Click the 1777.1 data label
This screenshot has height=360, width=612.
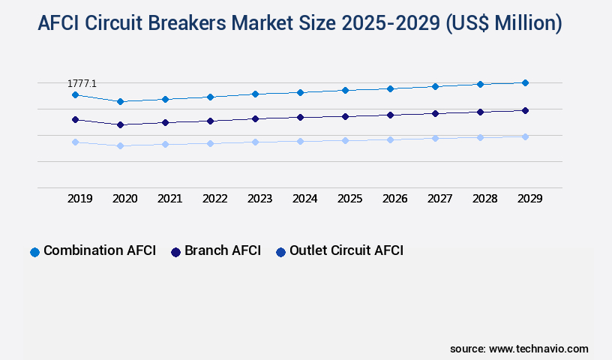[x=82, y=84]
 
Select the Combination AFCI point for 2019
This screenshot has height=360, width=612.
[x=75, y=95]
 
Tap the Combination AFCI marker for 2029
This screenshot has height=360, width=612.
[x=525, y=82]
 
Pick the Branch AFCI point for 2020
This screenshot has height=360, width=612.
[x=120, y=124]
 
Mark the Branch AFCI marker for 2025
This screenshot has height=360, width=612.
[x=345, y=116]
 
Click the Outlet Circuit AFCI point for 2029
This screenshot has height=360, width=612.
[x=525, y=136]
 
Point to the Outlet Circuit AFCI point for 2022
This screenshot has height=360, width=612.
[x=210, y=143]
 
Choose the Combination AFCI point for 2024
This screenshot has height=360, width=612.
[x=300, y=92]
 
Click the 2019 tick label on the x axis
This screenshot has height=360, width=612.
[x=80, y=199]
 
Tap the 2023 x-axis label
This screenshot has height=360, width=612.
[x=260, y=199]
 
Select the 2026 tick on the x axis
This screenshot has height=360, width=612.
[x=395, y=199]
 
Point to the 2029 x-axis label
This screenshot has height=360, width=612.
[x=530, y=199]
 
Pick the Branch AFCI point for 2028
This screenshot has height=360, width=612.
[x=480, y=112]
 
